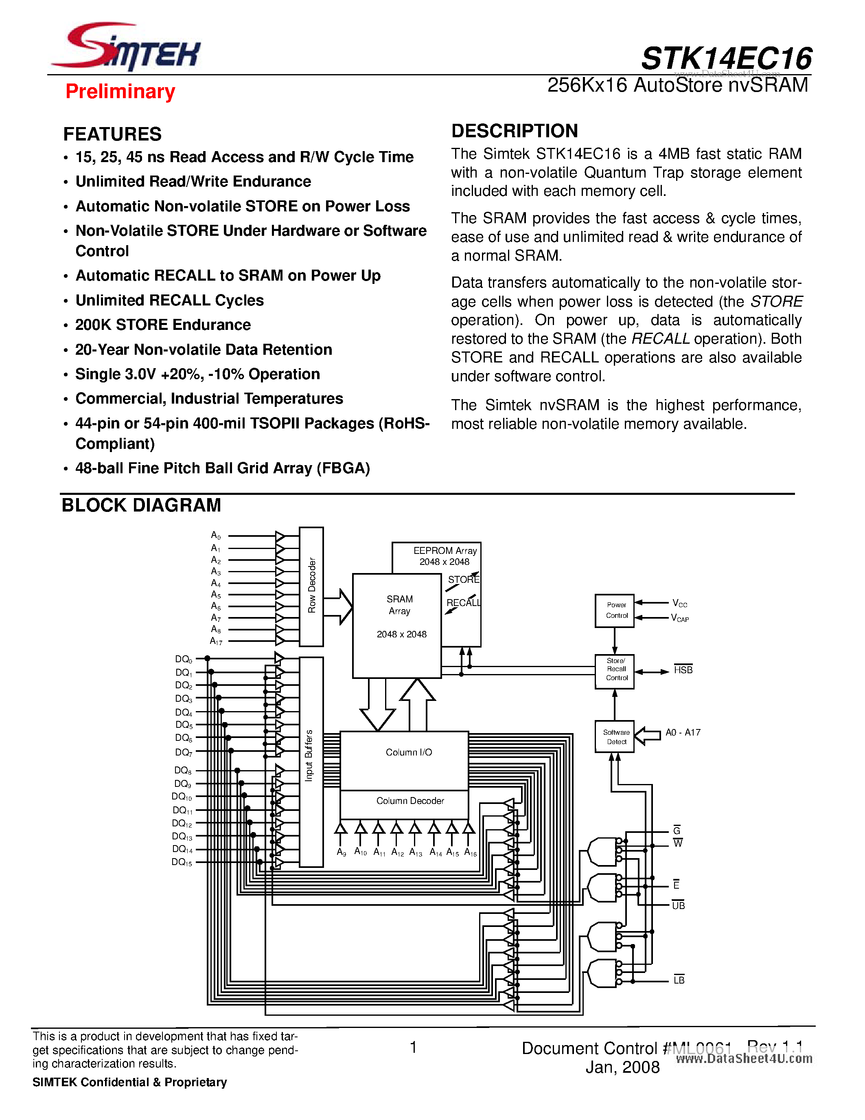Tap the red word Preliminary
(120, 91)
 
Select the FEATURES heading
(112, 134)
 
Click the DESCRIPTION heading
(515, 131)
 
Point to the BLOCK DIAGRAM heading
(141, 505)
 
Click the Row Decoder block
(311, 586)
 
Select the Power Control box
(614, 610)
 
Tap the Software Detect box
(614, 736)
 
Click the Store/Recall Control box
(614, 670)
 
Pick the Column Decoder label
(410, 801)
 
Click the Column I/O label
(408, 752)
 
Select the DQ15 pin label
(182, 862)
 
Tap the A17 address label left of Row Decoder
(216, 641)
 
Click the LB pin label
(679, 980)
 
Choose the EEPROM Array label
(445, 551)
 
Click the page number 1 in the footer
(414, 1047)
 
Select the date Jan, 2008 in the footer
(622, 1067)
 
